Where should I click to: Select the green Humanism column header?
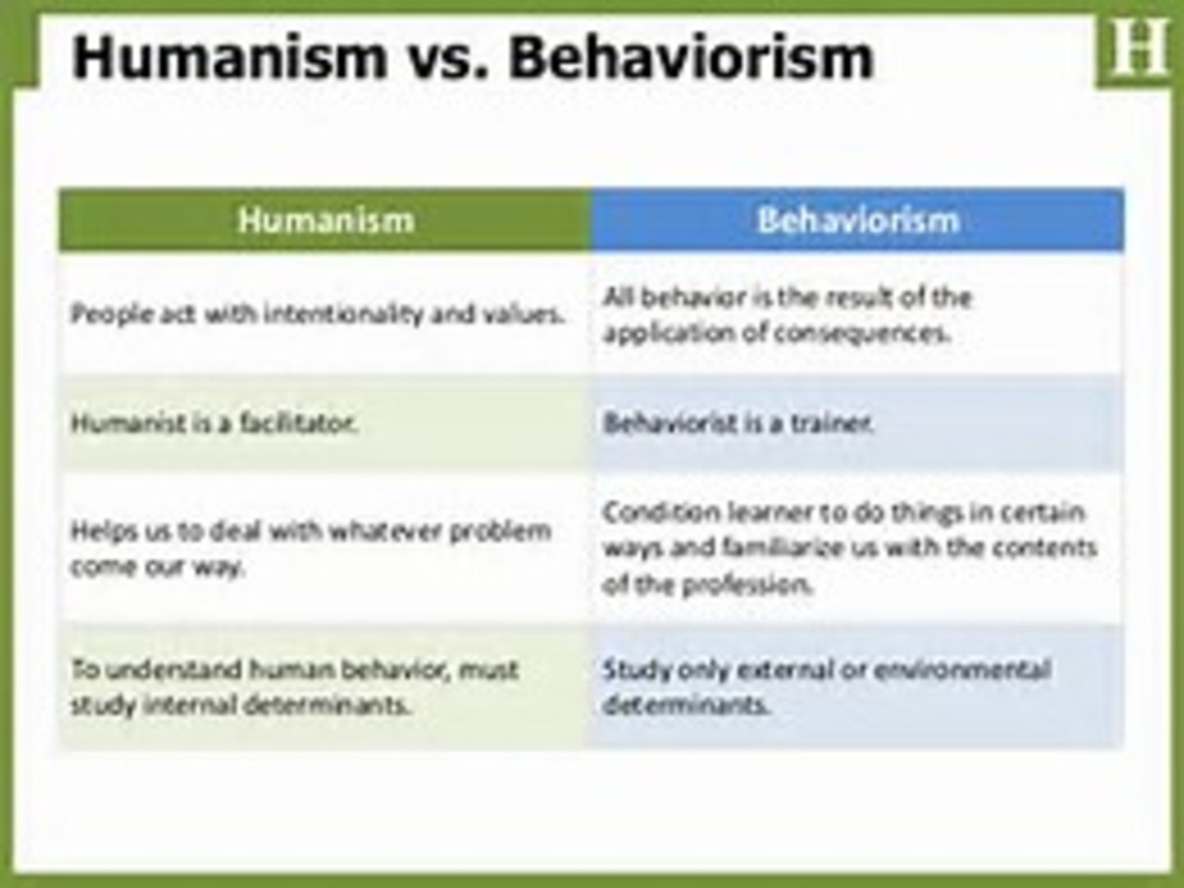(x=326, y=219)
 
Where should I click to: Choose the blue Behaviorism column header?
(x=857, y=219)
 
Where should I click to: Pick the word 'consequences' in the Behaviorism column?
(x=861, y=333)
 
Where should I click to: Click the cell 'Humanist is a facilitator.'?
(x=214, y=424)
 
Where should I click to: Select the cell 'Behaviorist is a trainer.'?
(x=738, y=424)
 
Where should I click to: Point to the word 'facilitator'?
(x=302, y=424)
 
